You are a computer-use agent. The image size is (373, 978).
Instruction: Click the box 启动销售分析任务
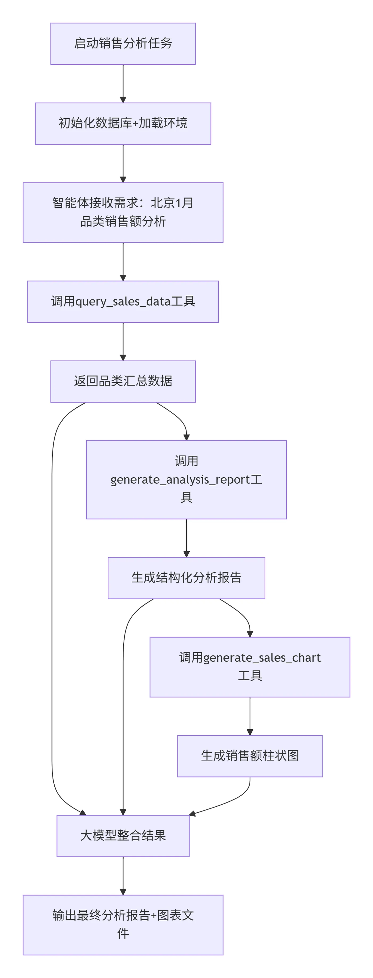(x=123, y=44)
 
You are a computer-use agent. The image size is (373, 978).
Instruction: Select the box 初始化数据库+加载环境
(x=123, y=123)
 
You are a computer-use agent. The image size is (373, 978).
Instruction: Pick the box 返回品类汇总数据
(x=123, y=381)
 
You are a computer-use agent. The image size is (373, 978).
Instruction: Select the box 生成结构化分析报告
(x=186, y=578)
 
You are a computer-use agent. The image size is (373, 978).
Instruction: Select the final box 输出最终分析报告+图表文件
(x=123, y=925)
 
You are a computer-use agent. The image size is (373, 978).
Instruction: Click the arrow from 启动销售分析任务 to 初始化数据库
(x=123, y=83)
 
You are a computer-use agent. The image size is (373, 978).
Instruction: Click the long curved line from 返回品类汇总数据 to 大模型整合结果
(x=52, y=607)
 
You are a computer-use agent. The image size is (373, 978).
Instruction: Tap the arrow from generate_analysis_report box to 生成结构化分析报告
(x=186, y=538)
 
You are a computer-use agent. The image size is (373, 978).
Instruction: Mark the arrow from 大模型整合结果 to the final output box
(x=123, y=875)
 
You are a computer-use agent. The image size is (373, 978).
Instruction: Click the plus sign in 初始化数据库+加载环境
(x=135, y=124)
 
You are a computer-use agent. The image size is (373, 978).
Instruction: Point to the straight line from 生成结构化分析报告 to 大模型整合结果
(x=123, y=721)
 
